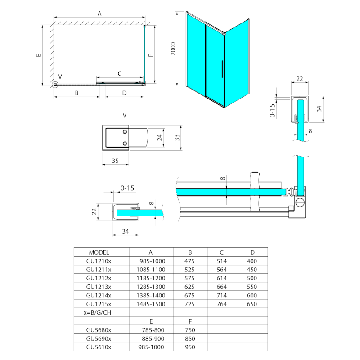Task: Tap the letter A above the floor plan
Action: coord(99,13)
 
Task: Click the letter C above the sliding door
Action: coord(120,73)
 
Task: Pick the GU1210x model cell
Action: coord(99,261)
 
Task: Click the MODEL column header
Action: coord(99,252)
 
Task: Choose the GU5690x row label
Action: coord(99,338)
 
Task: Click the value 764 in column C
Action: coord(221,304)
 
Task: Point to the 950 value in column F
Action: coord(190,347)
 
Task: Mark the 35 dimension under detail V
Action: coord(115,160)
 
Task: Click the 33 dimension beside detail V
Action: coord(177,137)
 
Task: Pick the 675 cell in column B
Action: coord(190,296)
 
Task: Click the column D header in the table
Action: coord(252,252)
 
